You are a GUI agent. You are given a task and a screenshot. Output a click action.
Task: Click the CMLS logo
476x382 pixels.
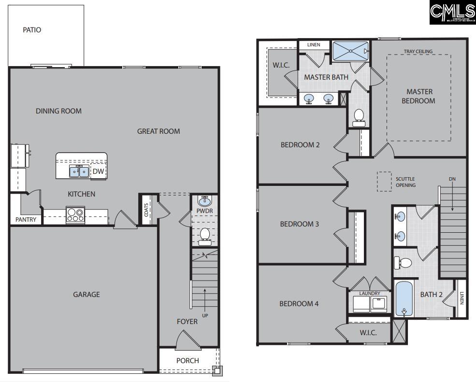pyautogui.click(x=452, y=12)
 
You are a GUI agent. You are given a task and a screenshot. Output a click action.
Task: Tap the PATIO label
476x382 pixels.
pyautogui.click(x=32, y=30)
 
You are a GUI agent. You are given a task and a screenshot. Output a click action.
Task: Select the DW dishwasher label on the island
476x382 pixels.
pyautogui.click(x=98, y=171)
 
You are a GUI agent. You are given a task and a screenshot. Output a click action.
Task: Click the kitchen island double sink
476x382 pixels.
pyautogui.click(x=79, y=171)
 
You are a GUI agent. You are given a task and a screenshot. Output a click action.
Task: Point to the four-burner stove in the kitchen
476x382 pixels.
pyautogui.click(x=75, y=214)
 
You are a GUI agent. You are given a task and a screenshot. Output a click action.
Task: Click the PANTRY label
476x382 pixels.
pyautogui.click(x=26, y=220)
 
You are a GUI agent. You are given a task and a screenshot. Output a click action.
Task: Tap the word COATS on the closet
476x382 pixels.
pyautogui.click(x=146, y=210)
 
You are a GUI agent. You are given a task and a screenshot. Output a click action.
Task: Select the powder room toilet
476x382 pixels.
pyautogui.click(x=205, y=235)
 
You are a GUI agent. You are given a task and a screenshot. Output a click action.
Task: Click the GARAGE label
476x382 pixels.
pyautogui.click(x=87, y=294)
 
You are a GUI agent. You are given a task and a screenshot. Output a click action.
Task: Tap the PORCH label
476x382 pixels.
pyautogui.click(x=188, y=360)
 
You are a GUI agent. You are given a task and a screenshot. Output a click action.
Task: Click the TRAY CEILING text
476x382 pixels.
pyautogui.click(x=418, y=52)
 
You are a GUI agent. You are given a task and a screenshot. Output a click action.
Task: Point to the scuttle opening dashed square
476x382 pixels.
pyautogui.click(x=384, y=182)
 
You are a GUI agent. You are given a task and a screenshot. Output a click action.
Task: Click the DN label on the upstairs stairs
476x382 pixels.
pyautogui.click(x=452, y=179)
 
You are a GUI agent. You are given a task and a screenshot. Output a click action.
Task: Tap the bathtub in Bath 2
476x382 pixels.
pyautogui.click(x=404, y=298)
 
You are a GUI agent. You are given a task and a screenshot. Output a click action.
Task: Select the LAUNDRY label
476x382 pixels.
pyautogui.click(x=370, y=293)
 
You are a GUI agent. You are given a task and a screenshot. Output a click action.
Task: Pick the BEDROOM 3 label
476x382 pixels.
pyautogui.click(x=300, y=224)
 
